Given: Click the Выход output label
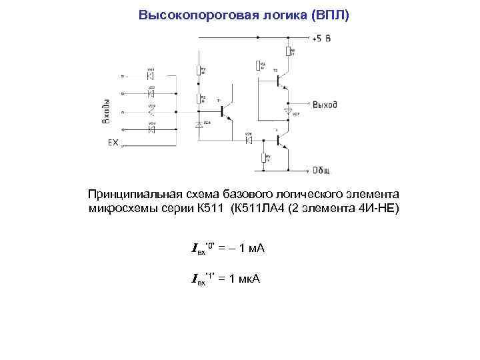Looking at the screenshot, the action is click(x=325, y=105).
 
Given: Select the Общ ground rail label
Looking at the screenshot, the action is click(x=322, y=170).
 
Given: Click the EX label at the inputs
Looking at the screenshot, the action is click(x=113, y=143).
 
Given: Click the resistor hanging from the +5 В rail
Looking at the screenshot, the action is click(x=288, y=51).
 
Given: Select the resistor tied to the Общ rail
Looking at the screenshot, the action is click(x=264, y=158).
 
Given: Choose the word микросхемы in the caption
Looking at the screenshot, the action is click(x=116, y=209).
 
